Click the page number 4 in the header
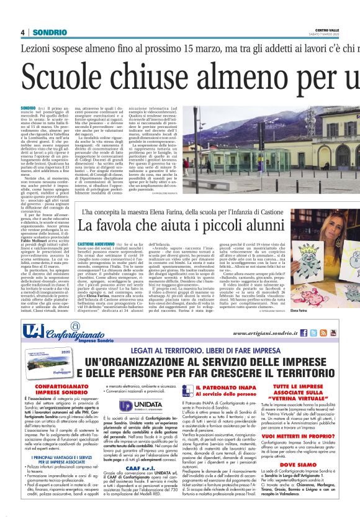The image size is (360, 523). tap(22, 32)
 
